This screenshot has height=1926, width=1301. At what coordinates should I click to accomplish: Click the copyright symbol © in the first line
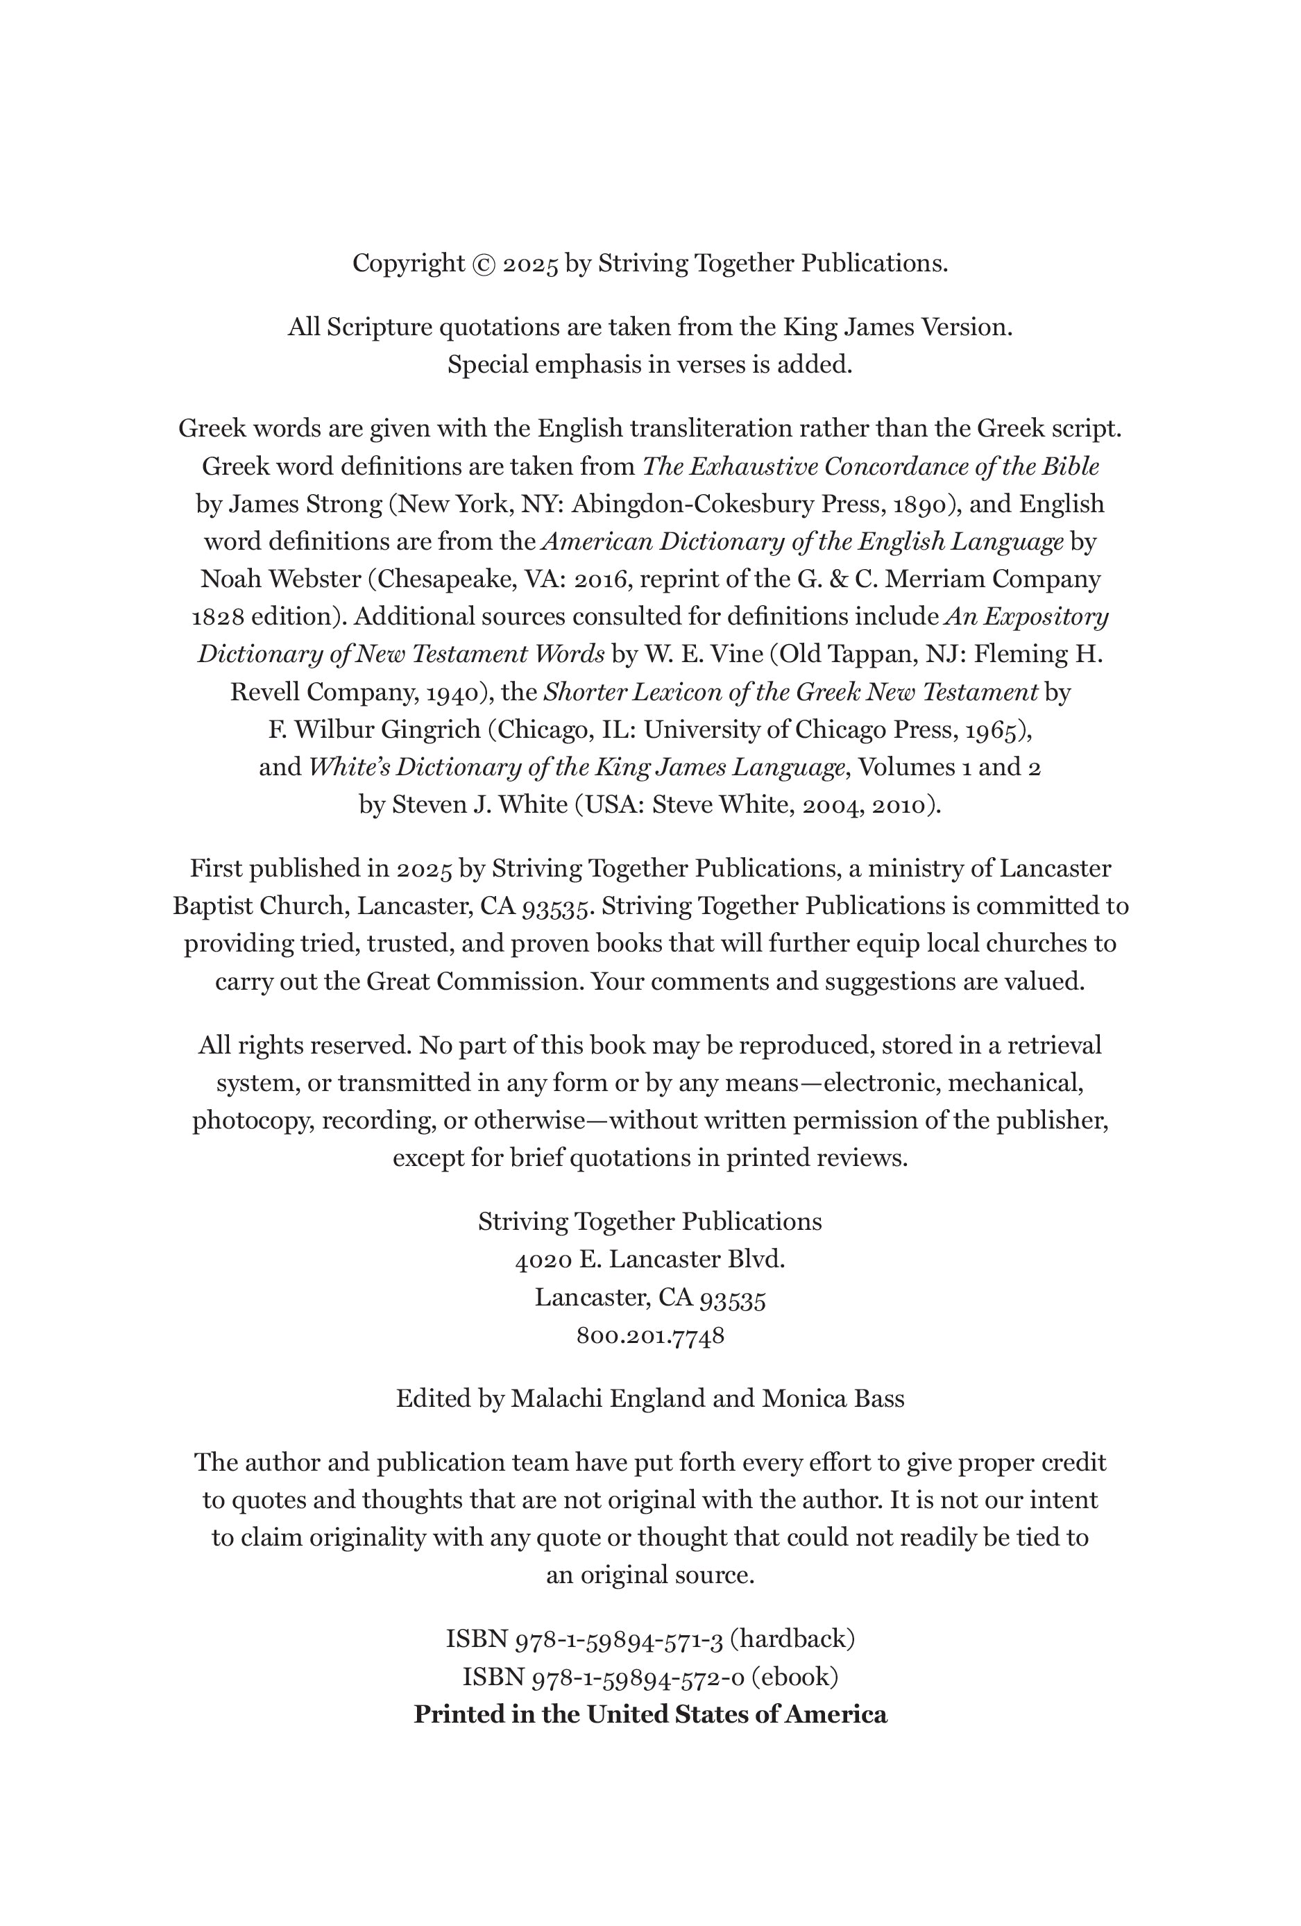click(484, 264)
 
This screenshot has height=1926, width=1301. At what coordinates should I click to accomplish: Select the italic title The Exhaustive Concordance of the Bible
click(871, 467)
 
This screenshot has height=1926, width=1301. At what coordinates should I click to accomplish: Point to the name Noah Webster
click(281, 580)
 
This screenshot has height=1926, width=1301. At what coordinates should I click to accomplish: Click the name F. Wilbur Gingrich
click(375, 730)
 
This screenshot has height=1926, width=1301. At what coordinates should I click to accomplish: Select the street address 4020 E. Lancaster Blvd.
click(651, 1260)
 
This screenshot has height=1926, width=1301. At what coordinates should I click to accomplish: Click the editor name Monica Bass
click(833, 1399)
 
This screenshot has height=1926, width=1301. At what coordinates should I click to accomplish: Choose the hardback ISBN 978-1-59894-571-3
click(619, 1639)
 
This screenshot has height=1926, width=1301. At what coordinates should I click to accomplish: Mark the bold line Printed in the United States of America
click(651, 1715)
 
